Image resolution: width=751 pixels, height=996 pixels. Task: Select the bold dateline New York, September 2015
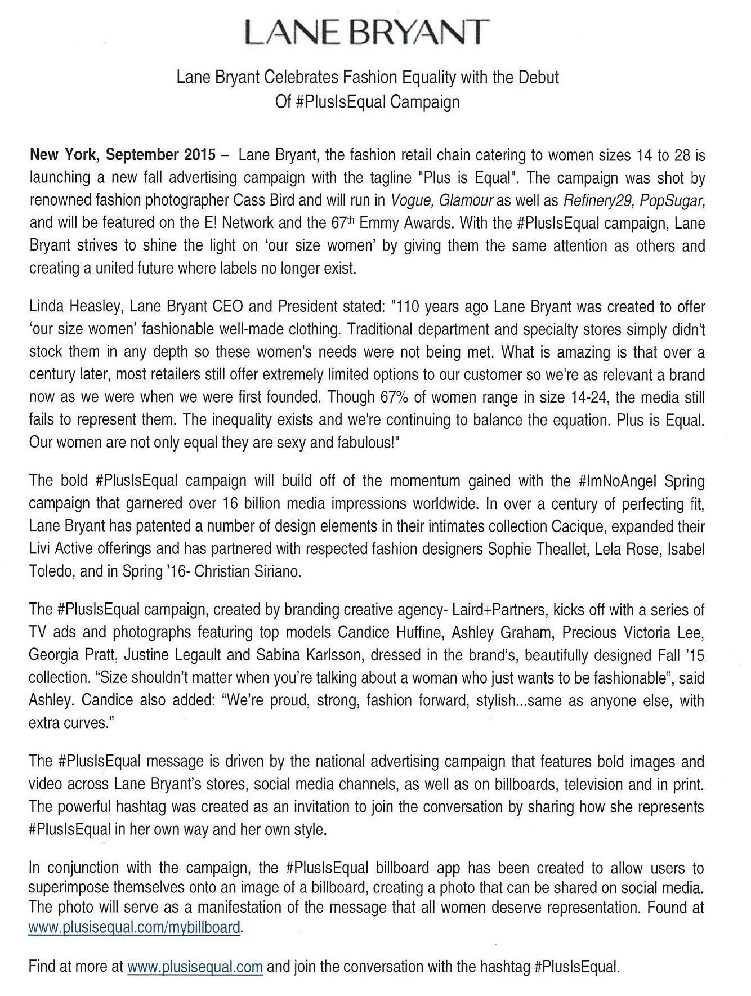tap(122, 155)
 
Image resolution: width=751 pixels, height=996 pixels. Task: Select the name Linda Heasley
tap(76, 307)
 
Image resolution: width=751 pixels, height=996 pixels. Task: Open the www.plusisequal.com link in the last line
tap(195, 967)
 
